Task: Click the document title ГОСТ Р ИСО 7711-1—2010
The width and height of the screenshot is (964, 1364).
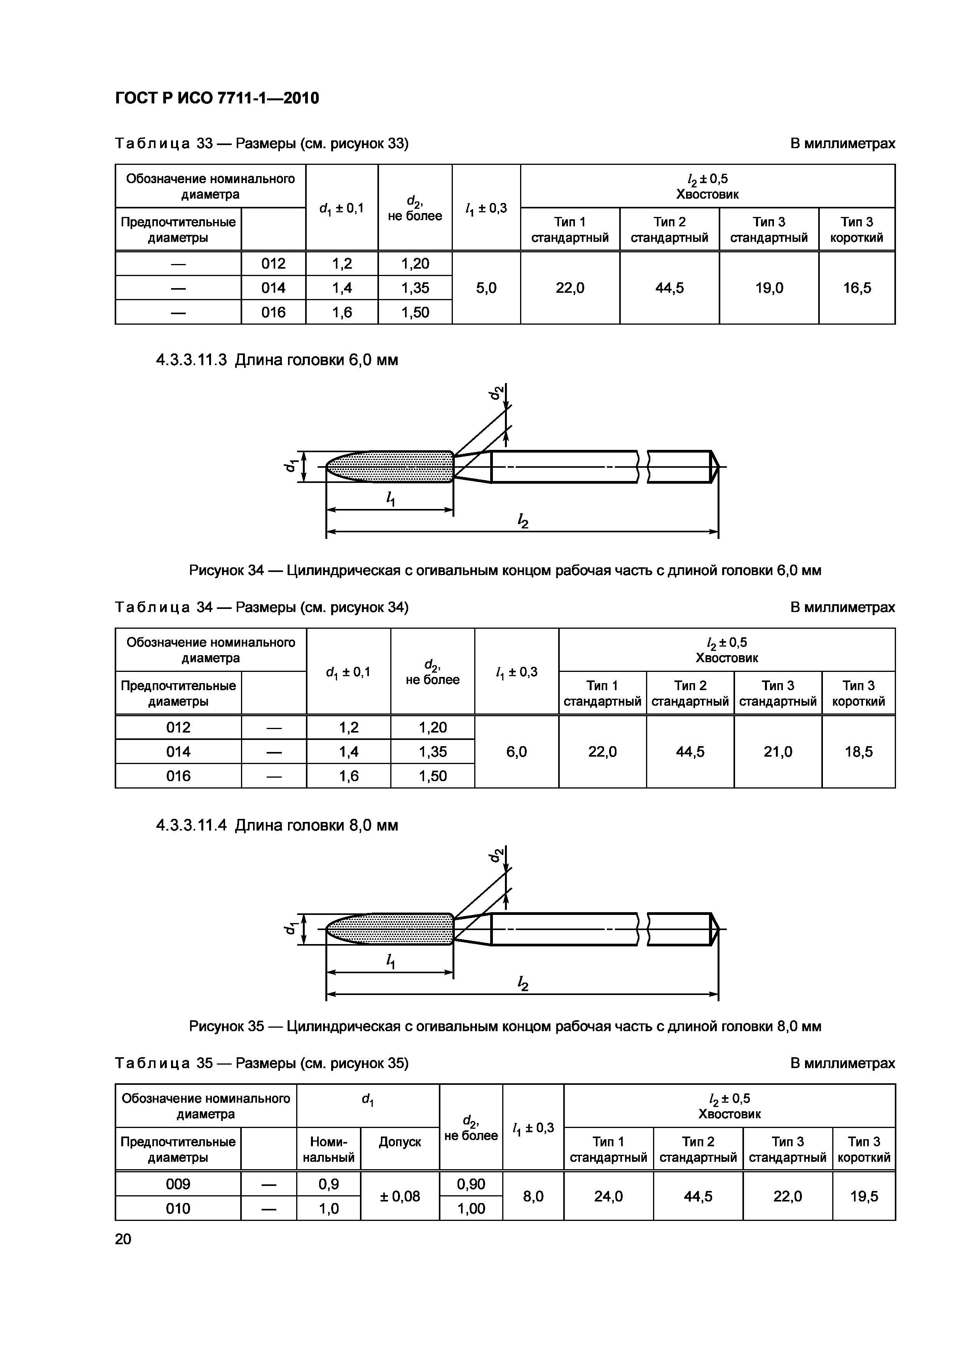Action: coord(217,98)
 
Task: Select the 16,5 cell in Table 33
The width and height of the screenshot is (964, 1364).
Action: coord(856,288)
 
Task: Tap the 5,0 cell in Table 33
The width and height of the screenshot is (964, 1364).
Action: coord(486,288)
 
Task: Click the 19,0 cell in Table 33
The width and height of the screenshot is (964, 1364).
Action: coord(768,288)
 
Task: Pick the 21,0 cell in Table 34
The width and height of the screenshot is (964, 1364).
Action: coord(777,752)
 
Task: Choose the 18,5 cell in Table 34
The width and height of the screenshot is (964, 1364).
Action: coord(858,752)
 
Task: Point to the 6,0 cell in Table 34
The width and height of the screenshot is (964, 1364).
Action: coord(516,752)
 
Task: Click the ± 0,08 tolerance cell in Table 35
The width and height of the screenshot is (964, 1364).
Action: coord(400,1196)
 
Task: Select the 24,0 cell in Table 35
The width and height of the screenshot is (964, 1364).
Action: coord(608,1196)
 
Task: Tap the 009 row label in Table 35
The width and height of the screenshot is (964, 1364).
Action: coord(178,1184)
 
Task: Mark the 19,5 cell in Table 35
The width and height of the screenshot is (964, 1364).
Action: coord(864,1196)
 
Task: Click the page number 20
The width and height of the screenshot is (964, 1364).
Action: coord(123,1239)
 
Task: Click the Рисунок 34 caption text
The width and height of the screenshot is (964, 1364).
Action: coord(505,570)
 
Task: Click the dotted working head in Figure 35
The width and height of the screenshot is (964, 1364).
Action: coord(392,929)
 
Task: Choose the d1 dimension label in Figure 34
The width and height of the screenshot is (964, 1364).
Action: coord(290,466)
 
